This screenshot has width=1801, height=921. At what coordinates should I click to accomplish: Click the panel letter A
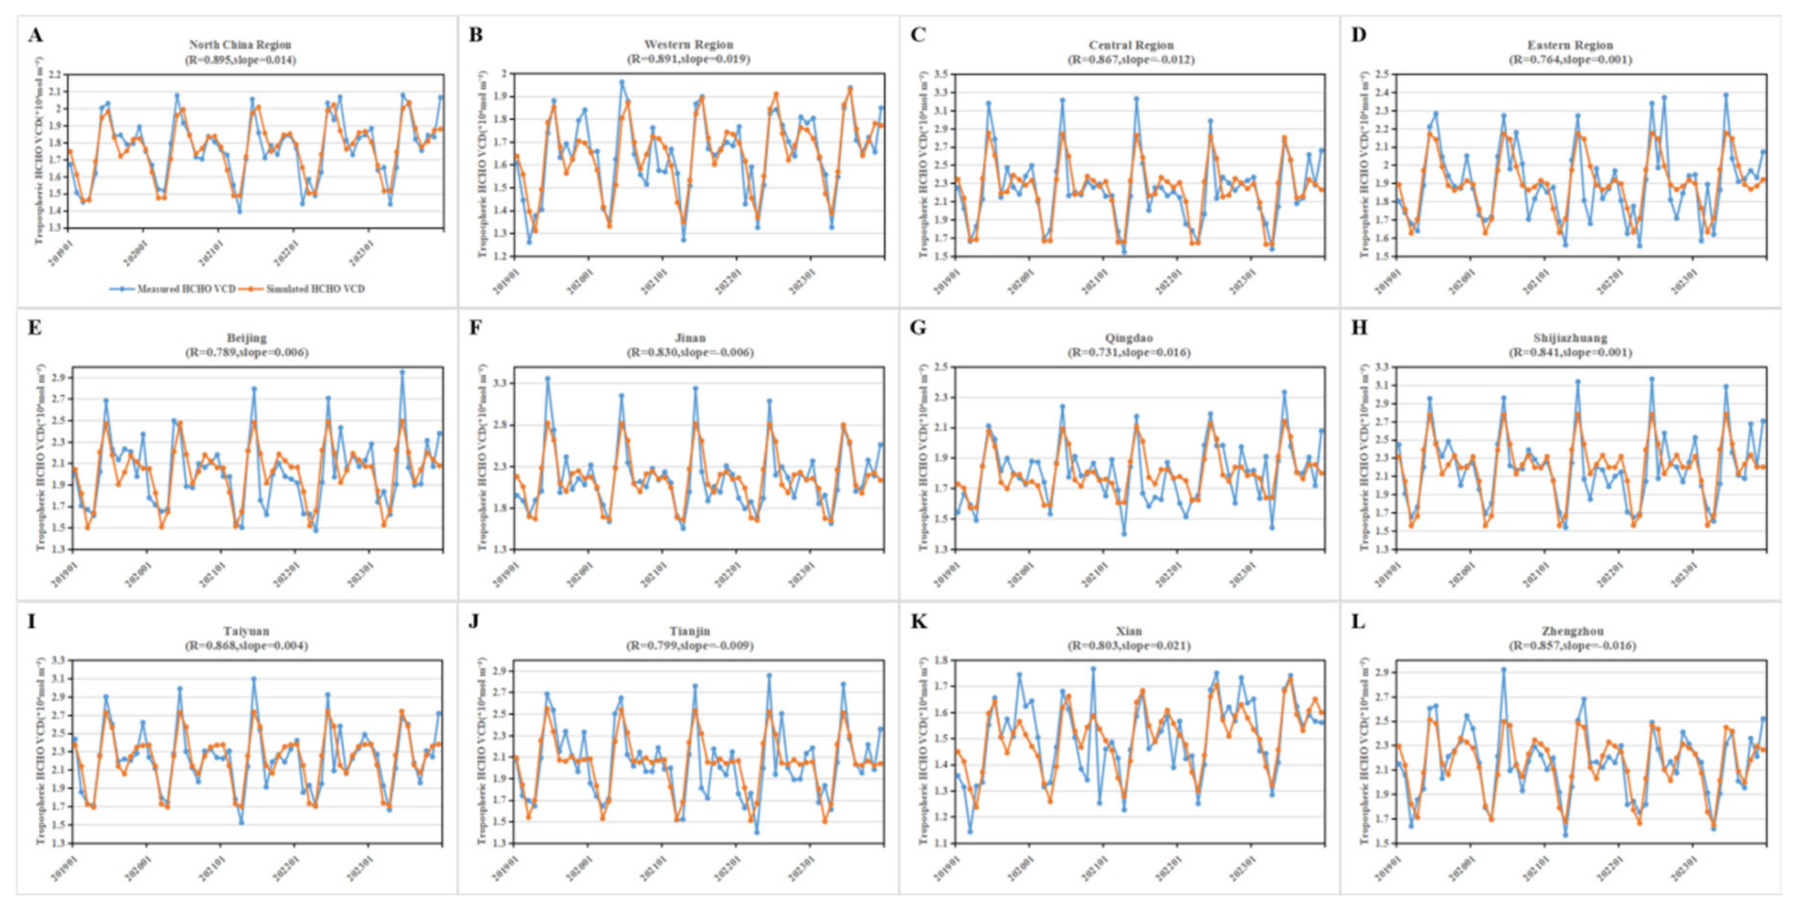35,35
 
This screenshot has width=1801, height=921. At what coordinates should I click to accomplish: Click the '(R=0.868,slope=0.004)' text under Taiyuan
246,645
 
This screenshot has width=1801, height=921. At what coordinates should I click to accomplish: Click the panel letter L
1358,622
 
